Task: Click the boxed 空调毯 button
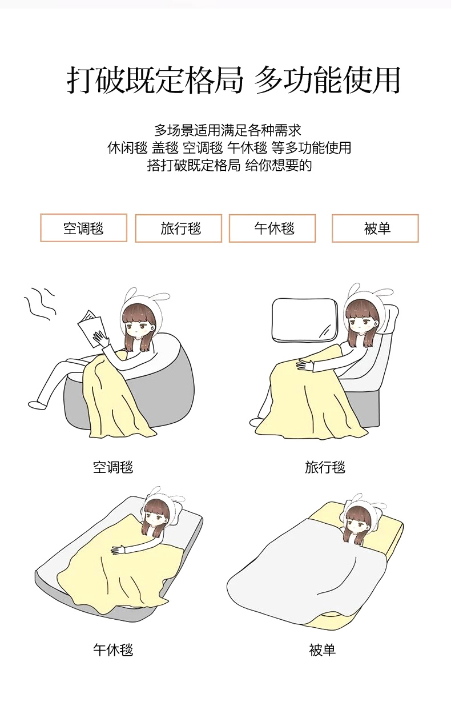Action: pos(83,228)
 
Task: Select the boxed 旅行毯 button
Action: pos(179,228)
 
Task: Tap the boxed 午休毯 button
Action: pos(272,228)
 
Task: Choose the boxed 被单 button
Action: pos(375,228)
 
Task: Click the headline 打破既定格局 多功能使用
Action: pos(233,79)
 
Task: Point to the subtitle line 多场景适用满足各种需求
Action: pos(228,130)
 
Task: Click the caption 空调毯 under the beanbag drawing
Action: pos(113,467)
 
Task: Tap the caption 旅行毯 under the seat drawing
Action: pos(325,467)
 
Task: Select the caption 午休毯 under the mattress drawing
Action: pos(113,649)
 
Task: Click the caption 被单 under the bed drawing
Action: pos(323,649)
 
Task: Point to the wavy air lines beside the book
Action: pos(40,303)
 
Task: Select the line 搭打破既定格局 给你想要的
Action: pos(229,165)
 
